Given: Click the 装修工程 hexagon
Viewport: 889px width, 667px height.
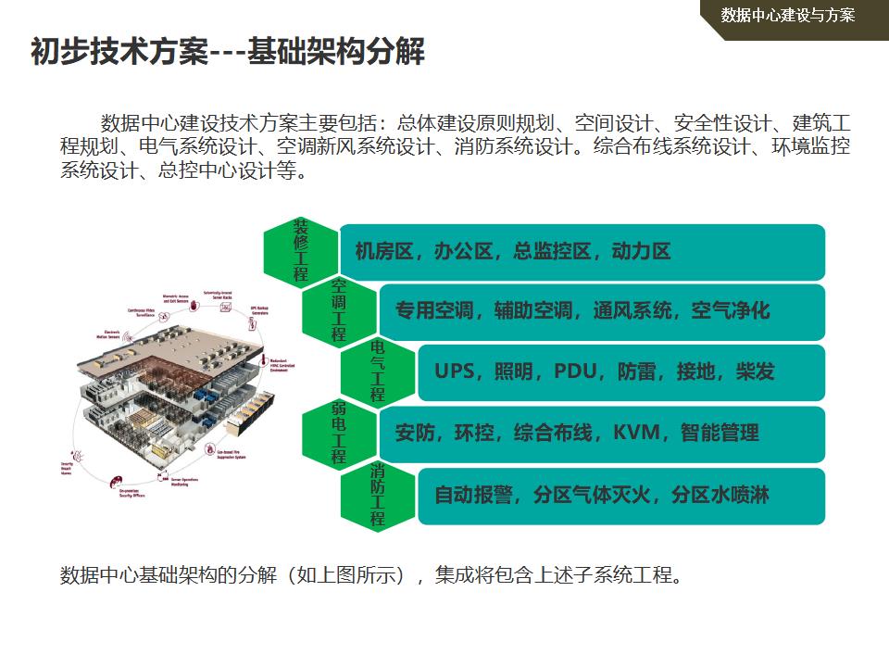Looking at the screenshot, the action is click(300, 251).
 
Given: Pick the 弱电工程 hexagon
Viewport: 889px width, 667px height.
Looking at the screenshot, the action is click(339, 434).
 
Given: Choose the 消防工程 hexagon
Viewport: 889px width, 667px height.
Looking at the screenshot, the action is click(378, 496).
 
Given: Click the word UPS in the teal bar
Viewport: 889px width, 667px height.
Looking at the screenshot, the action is click(454, 371).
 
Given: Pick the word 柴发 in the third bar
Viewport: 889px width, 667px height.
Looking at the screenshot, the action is click(755, 371).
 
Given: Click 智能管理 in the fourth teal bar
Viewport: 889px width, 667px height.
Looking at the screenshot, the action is click(720, 433).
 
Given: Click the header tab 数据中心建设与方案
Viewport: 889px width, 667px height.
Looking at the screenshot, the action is click(787, 15).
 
